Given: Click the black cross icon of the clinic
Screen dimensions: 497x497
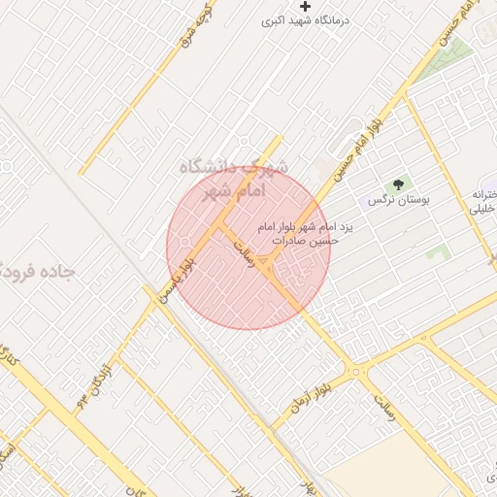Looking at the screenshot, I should (x=306, y=7).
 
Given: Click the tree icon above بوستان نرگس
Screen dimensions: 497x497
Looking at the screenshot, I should (x=397, y=184).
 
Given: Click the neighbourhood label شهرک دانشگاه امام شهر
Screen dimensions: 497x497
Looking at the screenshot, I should (x=236, y=179).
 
